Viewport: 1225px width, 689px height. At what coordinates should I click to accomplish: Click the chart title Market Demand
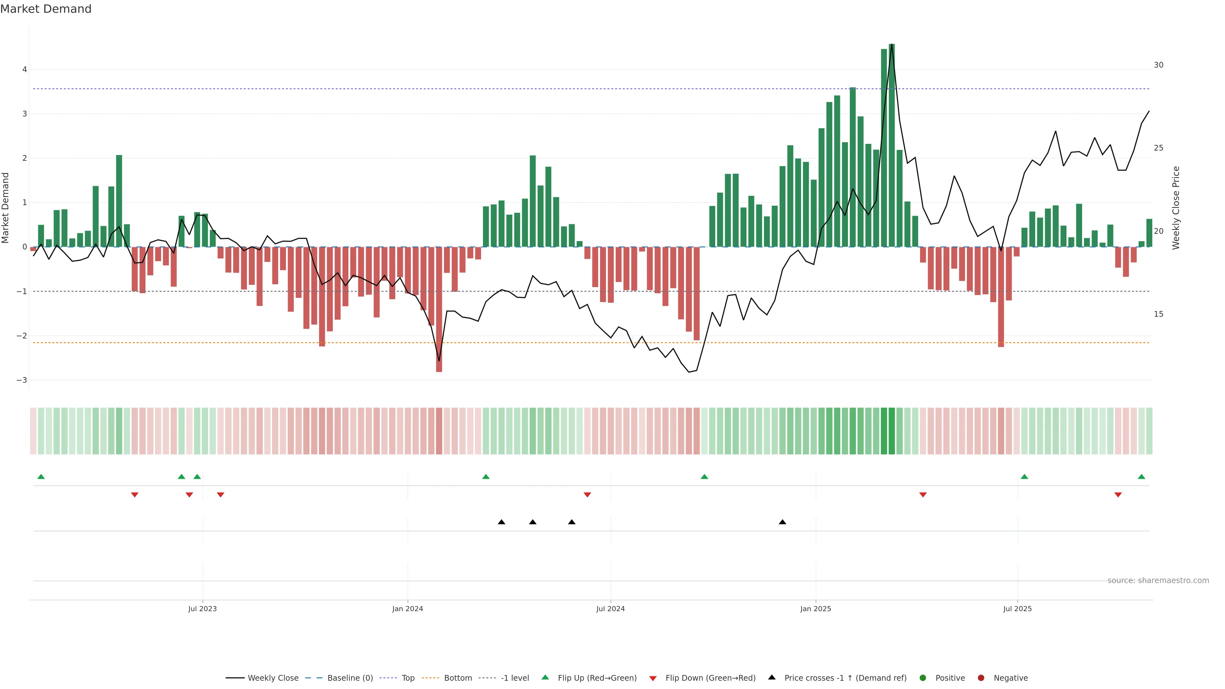(46, 9)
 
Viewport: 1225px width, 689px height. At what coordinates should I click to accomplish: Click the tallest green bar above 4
(892, 143)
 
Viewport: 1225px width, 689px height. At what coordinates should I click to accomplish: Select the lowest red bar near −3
(439, 309)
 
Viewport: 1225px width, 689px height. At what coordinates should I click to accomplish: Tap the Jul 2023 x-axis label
(202, 609)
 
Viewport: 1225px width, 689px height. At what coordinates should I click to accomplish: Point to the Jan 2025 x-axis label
(816, 609)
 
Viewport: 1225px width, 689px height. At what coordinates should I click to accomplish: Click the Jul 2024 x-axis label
(611, 609)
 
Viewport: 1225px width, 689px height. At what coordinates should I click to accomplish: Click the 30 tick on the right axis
(1158, 65)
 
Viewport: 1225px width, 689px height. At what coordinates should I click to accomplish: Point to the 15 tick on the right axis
(1158, 314)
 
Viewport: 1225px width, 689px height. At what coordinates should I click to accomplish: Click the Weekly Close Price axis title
(1176, 208)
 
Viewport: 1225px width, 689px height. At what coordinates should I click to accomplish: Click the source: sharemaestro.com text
(1158, 581)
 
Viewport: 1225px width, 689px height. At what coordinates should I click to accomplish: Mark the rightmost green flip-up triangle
(1141, 477)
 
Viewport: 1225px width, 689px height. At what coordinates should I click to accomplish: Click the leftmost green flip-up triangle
(41, 477)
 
